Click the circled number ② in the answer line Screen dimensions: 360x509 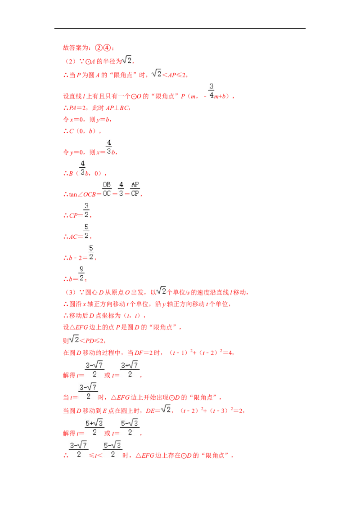99,48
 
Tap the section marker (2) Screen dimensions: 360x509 70,61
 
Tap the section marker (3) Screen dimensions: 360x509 71,292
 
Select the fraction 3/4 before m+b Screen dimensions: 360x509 211,91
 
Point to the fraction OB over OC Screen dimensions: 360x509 107,189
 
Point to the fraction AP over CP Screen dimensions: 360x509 135,189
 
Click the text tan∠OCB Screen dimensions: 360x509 82,194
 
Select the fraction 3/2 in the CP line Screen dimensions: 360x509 86,210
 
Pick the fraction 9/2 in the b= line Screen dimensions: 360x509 81,274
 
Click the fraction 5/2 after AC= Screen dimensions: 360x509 86,232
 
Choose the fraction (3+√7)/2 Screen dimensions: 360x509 130,370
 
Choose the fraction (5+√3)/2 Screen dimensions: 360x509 94,428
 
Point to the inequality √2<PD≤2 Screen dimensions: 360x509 87,339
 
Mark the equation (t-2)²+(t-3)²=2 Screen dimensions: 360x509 211,411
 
